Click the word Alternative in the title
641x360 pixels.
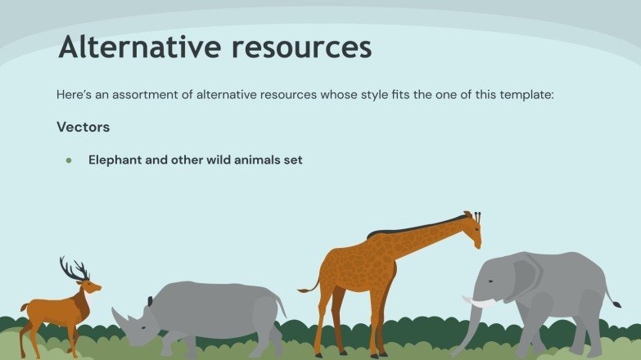pyautogui.click(x=138, y=47)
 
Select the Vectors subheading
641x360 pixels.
pyautogui.click(x=84, y=128)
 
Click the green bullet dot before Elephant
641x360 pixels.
pyautogui.click(x=70, y=160)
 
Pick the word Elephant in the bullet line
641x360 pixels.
pyautogui.click(x=115, y=160)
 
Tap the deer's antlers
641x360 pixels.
pyautogui.click(x=73, y=268)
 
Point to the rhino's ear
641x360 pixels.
pyautogui.click(x=150, y=301)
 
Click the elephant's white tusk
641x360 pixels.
pyautogui.click(x=481, y=303)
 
